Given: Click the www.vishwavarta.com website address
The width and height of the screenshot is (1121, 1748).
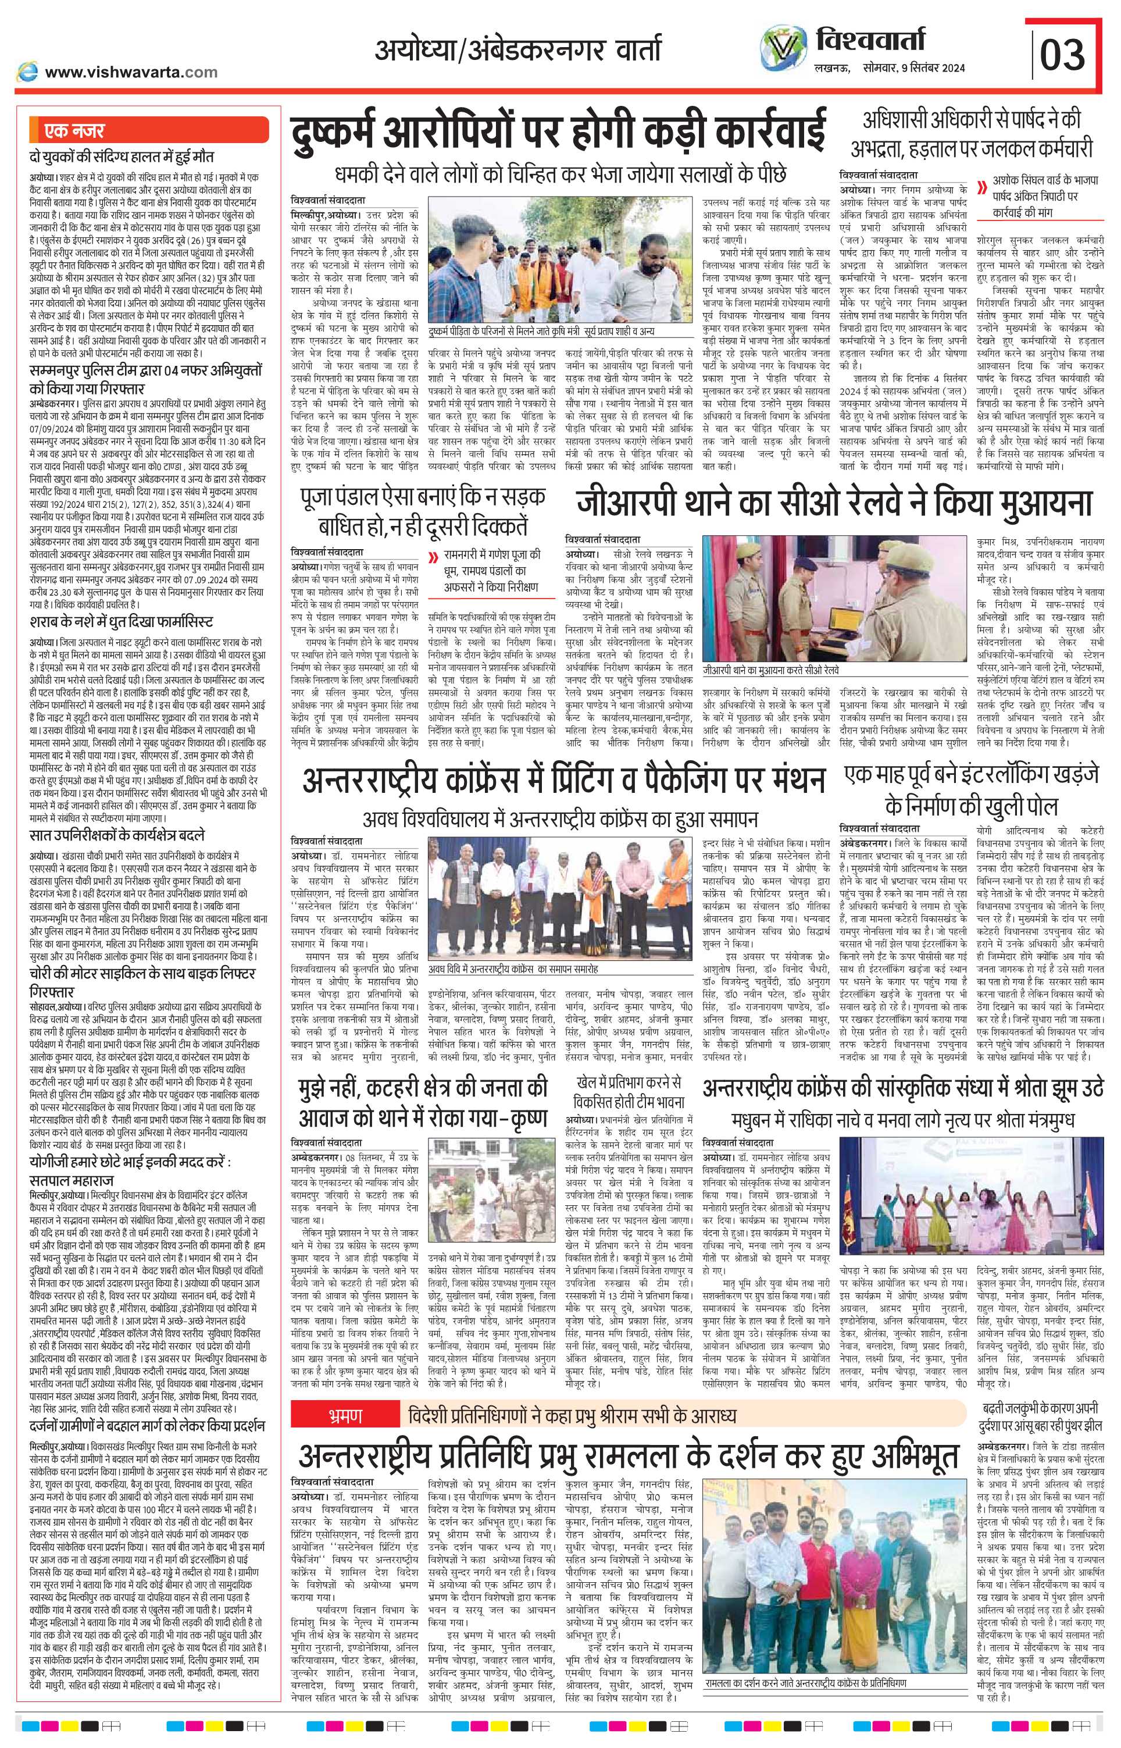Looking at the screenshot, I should (x=131, y=72).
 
